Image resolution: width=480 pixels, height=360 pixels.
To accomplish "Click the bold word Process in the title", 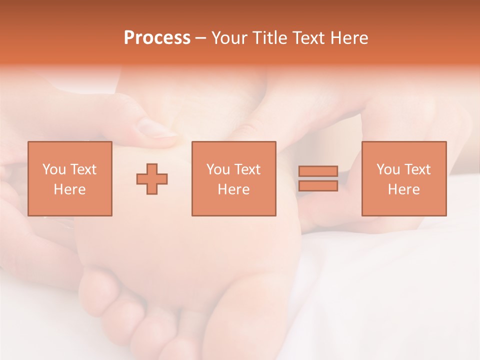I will (x=157, y=38).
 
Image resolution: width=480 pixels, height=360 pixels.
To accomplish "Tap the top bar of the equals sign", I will (x=318, y=171).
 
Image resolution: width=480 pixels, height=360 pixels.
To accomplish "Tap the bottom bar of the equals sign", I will (x=318, y=186).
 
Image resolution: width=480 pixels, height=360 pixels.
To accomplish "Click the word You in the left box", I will (x=54, y=169).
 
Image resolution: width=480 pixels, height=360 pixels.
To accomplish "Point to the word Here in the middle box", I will (x=233, y=189).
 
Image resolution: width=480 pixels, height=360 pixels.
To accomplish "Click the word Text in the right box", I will (x=417, y=169).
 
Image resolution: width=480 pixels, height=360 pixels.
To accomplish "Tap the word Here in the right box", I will (x=404, y=189).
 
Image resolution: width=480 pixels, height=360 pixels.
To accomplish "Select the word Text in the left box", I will (x=82, y=169).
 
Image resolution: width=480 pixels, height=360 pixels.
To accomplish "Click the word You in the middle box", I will (x=218, y=169).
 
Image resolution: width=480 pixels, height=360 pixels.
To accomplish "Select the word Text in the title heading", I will (x=305, y=38).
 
